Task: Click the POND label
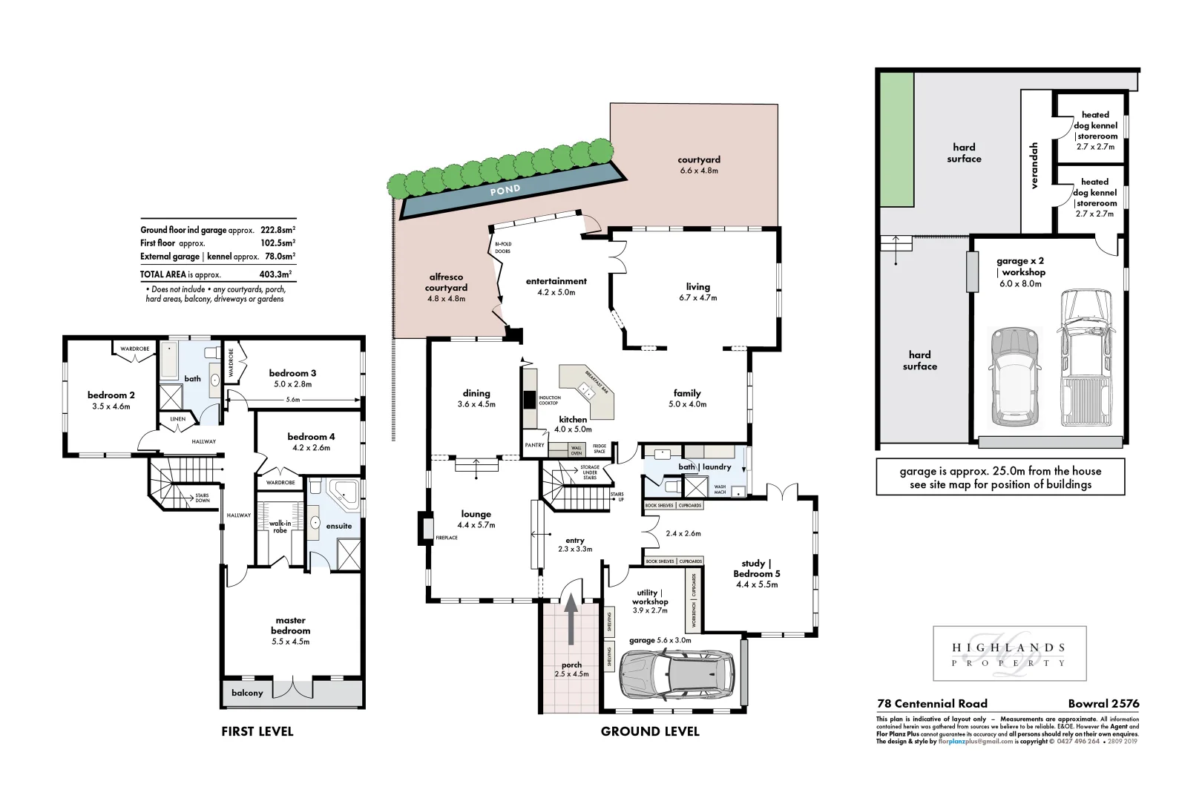tap(505, 191)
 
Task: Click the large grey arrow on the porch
tap(571, 620)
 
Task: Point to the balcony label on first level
tap(247, 693)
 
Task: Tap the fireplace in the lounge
tap(427, 528)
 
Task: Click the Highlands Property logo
tap(1009, 654)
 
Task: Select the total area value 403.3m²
tap(275, 274)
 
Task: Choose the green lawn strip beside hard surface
tap(896, 139)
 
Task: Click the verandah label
tap(1034, 165)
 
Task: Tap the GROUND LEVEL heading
tap(650, 731)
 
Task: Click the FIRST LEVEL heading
tap(257, 731)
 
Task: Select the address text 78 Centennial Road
tap(932, 703)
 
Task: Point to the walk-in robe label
tap(280, 527)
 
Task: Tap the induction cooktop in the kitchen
tap(530, 399)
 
